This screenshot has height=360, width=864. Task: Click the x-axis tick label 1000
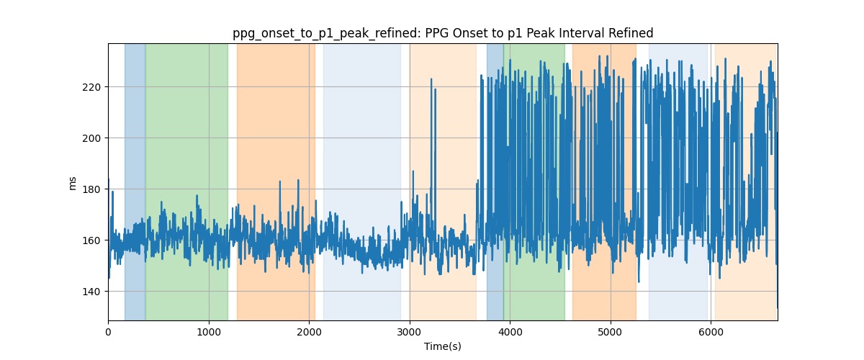pos(209,332)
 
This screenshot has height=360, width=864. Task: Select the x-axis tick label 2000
pos(309,332)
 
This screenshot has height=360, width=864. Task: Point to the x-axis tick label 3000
pos(410,332)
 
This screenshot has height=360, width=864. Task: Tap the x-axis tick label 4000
pos(510,332)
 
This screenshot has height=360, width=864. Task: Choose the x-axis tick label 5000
pos(611,332)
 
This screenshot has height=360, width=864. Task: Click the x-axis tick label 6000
pos(711,332)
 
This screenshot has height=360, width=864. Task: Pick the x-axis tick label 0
pos(109,332)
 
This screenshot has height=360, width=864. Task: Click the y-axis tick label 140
pos(91,292)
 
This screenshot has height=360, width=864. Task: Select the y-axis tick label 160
pos(91,240)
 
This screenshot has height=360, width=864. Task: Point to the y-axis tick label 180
pos(91,189)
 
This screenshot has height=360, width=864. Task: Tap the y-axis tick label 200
pos(91,138)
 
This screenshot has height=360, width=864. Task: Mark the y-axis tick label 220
pos(91,87)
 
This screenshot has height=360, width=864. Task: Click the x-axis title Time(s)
pos(443,346)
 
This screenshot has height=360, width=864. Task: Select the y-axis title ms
pos(72,184)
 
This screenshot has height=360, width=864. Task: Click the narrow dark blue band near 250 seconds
pos(135,181)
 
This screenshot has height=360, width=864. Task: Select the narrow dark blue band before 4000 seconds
pos(495,181)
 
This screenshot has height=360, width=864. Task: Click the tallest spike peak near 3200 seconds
pos(431,79)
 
